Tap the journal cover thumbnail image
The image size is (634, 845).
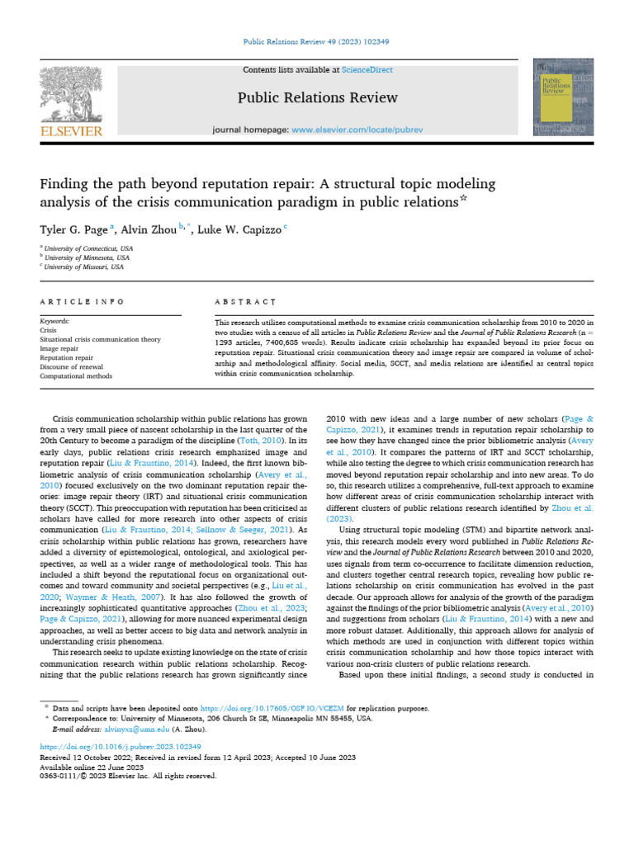click(564, 97)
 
